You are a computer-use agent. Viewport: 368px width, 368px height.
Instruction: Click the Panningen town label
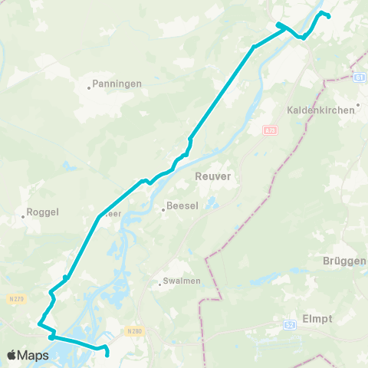(x=117, y=83)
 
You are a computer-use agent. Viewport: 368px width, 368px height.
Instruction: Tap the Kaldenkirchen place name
(x=320, y=110)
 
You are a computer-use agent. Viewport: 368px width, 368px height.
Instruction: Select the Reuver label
(x=213, y=176)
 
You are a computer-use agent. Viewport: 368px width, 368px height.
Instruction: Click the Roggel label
(x=43, y=212)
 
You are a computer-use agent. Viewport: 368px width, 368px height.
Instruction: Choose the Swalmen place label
(x=182, y=281)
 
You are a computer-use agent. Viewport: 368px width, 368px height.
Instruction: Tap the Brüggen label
(x=348, y=261)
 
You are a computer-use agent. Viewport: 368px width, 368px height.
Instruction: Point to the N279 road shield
(x=17, y=298)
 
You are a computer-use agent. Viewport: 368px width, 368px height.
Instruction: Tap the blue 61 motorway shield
(x=358, y=78)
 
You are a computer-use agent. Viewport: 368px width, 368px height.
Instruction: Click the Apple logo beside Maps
(x=12, y=355)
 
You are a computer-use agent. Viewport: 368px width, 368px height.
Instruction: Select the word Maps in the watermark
(x=34, y=355)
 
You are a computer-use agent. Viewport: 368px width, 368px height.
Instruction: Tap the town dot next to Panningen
(x=89, y=87)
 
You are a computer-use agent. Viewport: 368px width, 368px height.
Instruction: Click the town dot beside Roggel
(x=23, y=217)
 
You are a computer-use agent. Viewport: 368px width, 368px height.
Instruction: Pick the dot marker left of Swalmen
(x=159, y=284)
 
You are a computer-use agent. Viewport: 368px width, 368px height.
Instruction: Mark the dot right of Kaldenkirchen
(x=359, y=106)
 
